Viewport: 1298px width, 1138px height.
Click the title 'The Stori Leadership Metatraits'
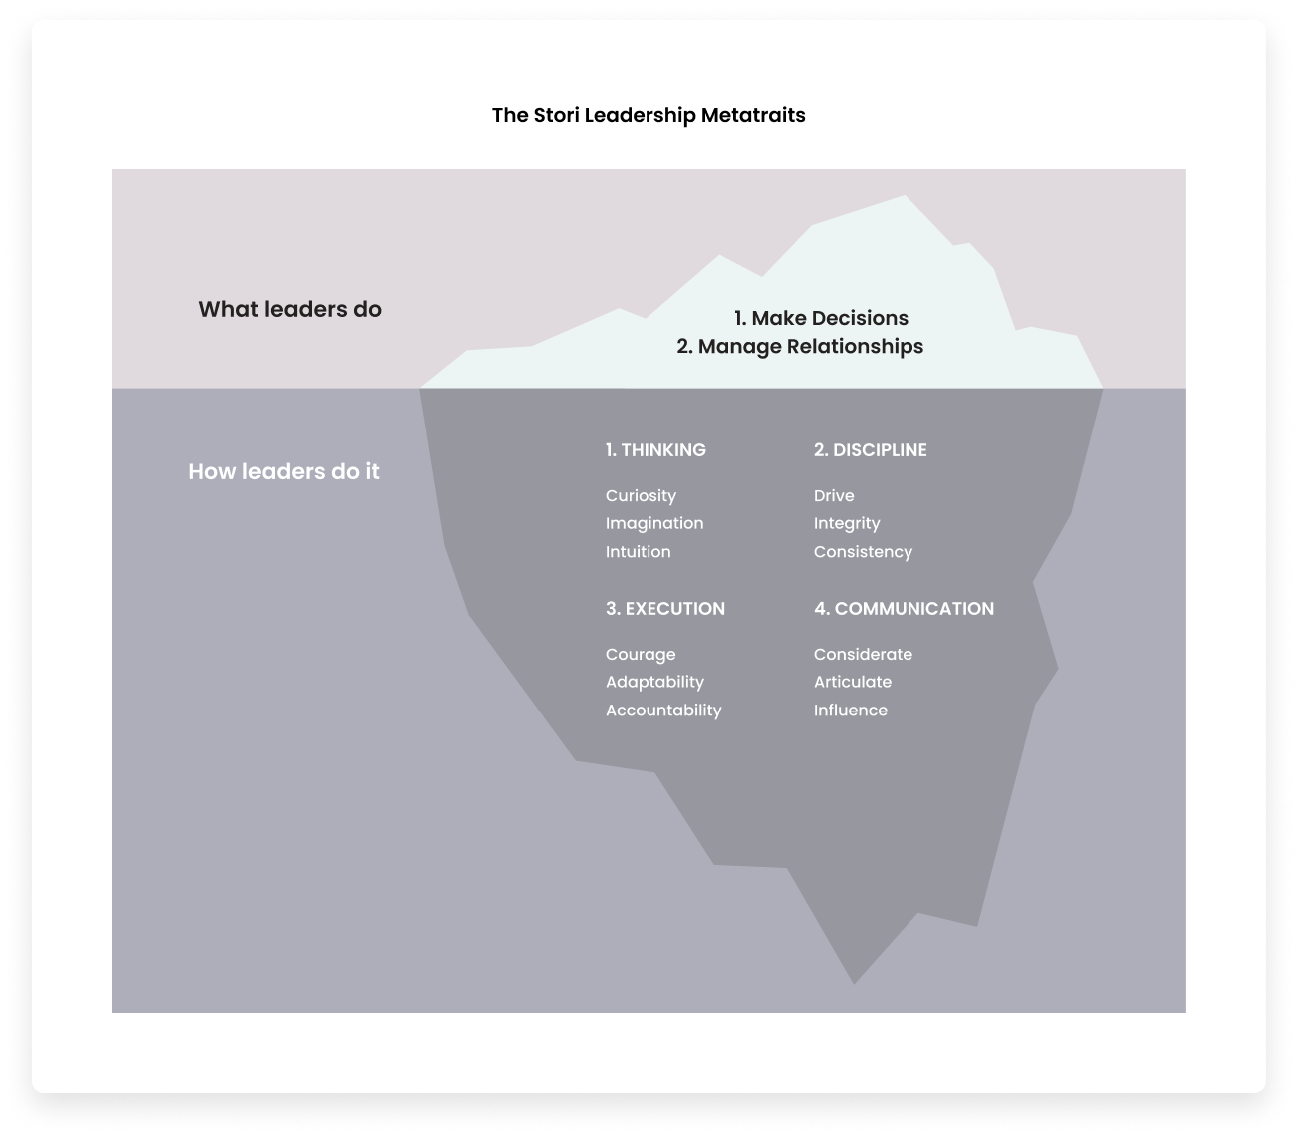point(649,115)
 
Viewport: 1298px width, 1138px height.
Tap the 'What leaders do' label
point(290,309)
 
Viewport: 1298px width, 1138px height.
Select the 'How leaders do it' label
point(284,471)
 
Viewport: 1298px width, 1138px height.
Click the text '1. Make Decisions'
point(821,318)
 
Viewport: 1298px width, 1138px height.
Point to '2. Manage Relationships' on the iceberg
point(800,346)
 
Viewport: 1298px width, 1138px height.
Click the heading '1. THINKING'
point(655,450)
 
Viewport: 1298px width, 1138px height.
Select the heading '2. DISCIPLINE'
point(870,450)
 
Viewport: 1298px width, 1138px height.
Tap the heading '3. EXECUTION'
point(665,609)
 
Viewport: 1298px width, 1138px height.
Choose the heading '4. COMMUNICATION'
point(904,609)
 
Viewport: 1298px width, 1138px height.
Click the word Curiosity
point(641,496)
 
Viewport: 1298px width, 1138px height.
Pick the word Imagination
point(654,523)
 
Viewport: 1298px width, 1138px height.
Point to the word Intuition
point(638,552)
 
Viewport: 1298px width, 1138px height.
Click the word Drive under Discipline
point(834,496)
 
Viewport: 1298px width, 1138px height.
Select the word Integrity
point(847,524)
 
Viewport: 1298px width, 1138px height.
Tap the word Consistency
point(863,552)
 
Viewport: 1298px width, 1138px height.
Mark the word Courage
point(641,655)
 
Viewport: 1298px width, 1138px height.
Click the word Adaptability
point(654,683)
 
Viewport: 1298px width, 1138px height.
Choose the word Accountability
point(663,711)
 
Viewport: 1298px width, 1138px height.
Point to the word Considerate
point(863,655)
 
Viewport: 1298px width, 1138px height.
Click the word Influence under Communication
point(850,711)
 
